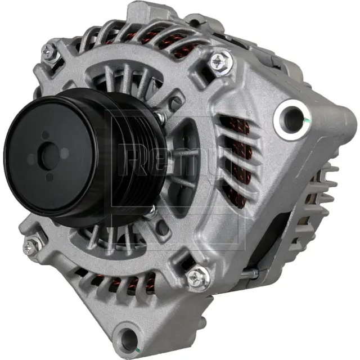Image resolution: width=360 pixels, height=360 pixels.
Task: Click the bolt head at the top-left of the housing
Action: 49,52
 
